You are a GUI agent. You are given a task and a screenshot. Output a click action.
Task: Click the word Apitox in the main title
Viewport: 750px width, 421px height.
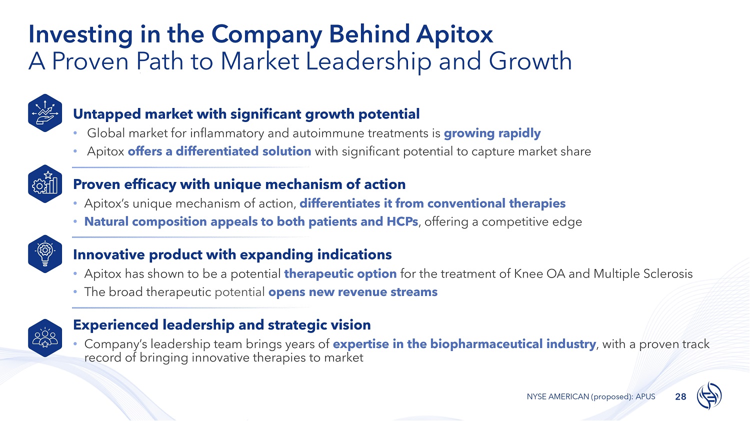click(454, 35)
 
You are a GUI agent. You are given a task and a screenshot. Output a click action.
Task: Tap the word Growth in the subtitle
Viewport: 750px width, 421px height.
click(530, 61)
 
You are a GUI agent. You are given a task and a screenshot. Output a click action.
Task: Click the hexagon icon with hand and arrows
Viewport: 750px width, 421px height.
click(45, 113)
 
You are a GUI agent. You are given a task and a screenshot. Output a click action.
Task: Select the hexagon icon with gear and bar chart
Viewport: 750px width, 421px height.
click(45, 184)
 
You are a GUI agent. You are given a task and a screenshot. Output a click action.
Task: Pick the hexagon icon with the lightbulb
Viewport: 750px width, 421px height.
click(45, 254)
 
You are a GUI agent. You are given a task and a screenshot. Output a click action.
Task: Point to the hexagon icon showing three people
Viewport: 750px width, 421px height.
click(45, 338)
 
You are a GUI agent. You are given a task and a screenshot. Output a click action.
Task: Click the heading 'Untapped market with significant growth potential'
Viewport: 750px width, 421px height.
click(246, 114)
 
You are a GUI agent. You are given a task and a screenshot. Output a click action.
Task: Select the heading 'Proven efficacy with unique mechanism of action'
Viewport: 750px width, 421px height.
click(239, 184)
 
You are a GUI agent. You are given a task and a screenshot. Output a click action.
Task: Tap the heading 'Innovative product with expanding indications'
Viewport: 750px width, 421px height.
click(232, 254)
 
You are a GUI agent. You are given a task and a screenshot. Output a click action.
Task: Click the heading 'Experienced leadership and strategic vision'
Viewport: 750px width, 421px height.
click(221, 325)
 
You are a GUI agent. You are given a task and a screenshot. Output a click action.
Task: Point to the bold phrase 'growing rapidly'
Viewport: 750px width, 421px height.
click(492, 133)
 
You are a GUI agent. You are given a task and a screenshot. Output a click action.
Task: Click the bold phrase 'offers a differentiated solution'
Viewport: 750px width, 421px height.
click(219, 151)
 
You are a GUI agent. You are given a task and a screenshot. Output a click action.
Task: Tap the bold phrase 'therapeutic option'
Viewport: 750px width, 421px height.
click(340, 274)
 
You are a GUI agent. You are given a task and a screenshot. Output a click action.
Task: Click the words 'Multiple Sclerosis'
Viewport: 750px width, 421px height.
click(643, 274)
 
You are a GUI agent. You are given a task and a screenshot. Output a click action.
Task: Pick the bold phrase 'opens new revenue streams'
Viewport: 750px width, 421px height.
click(353, 292)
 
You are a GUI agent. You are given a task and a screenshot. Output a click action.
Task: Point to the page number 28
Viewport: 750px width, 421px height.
click(680, 397)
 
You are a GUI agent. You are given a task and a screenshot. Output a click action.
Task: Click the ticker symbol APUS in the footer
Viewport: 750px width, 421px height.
click(645, 396)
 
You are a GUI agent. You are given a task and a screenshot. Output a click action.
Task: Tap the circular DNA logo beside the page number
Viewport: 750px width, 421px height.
click(709, 395)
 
